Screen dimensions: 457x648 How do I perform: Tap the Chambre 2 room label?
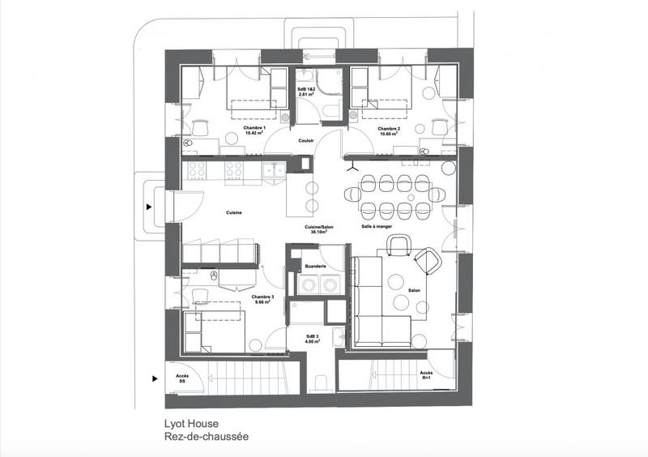(x=388, y=128)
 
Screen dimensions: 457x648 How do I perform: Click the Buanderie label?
(x=314, y=266)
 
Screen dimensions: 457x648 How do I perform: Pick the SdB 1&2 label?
(x=307, y=88)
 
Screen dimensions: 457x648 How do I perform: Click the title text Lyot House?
(x=188, y=423)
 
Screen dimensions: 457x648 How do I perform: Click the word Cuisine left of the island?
(x=234, y=212)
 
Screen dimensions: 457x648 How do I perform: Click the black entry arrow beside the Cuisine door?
(x=149, y=207)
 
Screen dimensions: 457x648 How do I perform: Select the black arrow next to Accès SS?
(x=154, y=378)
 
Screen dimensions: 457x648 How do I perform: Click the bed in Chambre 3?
(x=215, y=332)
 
